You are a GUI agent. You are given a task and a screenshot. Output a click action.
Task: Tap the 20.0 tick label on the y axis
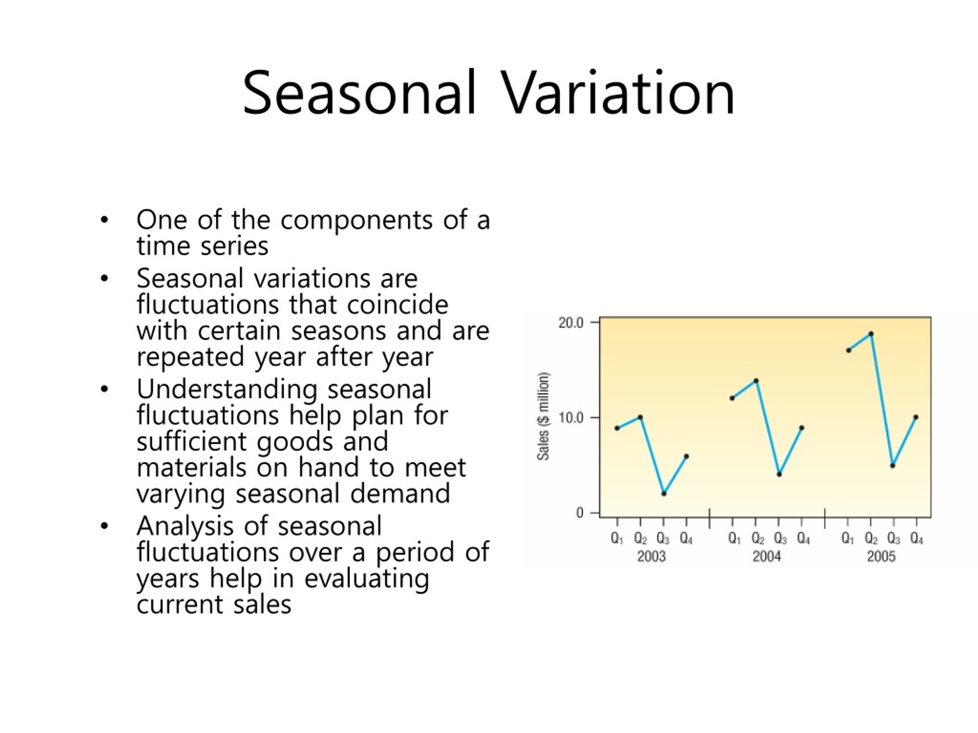tap(571, 323)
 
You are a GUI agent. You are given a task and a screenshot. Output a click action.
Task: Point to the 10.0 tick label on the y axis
tap(571, 418)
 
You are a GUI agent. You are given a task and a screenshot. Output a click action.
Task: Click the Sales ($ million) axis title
tap(543, 416)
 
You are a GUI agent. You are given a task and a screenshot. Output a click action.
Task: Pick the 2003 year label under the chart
tap(651, 556)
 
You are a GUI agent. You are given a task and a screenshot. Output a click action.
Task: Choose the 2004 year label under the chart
tap(767, 556)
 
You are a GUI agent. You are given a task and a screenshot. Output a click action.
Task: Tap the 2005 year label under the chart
tap(881, 556)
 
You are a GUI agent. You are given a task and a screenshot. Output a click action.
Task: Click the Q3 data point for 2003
tap(664, 494)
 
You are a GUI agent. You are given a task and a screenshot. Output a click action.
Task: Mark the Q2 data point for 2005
tap(871, 334)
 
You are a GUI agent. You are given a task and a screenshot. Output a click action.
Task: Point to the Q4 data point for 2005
tap(916, 417)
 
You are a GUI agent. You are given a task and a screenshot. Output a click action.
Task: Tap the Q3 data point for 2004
tap(779, 475)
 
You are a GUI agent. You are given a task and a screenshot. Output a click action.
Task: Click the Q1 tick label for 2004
tap(734, 539)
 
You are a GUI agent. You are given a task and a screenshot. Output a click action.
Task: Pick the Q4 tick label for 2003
tap(686, 539)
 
